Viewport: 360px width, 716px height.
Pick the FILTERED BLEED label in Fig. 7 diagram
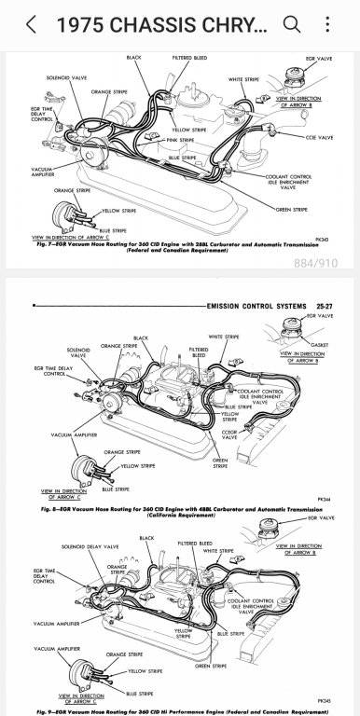(188, 58)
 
